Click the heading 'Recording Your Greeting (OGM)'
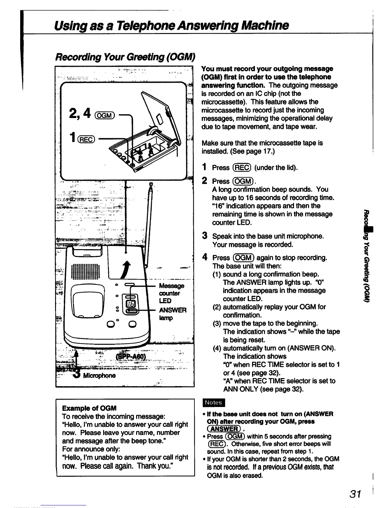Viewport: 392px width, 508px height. coord(125,57)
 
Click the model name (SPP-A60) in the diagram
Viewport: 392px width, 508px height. coord(130,357)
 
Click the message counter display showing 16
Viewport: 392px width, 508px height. coord(131,303)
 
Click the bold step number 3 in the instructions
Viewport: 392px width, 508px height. coord(204,236)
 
